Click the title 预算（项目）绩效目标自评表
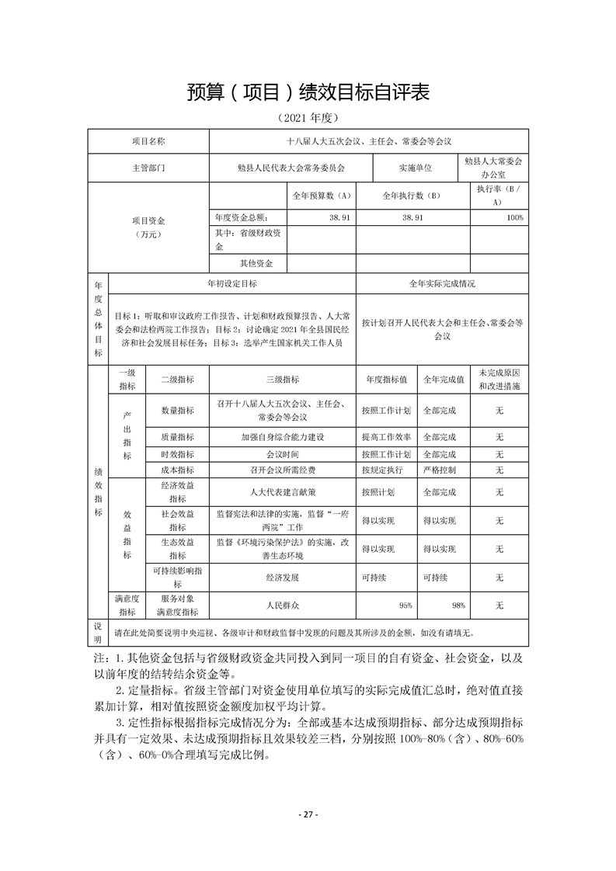point(308,92)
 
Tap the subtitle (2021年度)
point(308,118)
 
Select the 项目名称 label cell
point(148,142)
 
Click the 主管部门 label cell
point(148,167)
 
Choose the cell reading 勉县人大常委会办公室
point(493,168)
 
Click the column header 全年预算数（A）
point(322,196)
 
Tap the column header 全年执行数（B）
point(412,196)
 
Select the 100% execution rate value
point(514,218)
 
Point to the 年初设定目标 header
point(232,284)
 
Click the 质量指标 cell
point(177,436)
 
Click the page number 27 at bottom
point(308,814)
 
